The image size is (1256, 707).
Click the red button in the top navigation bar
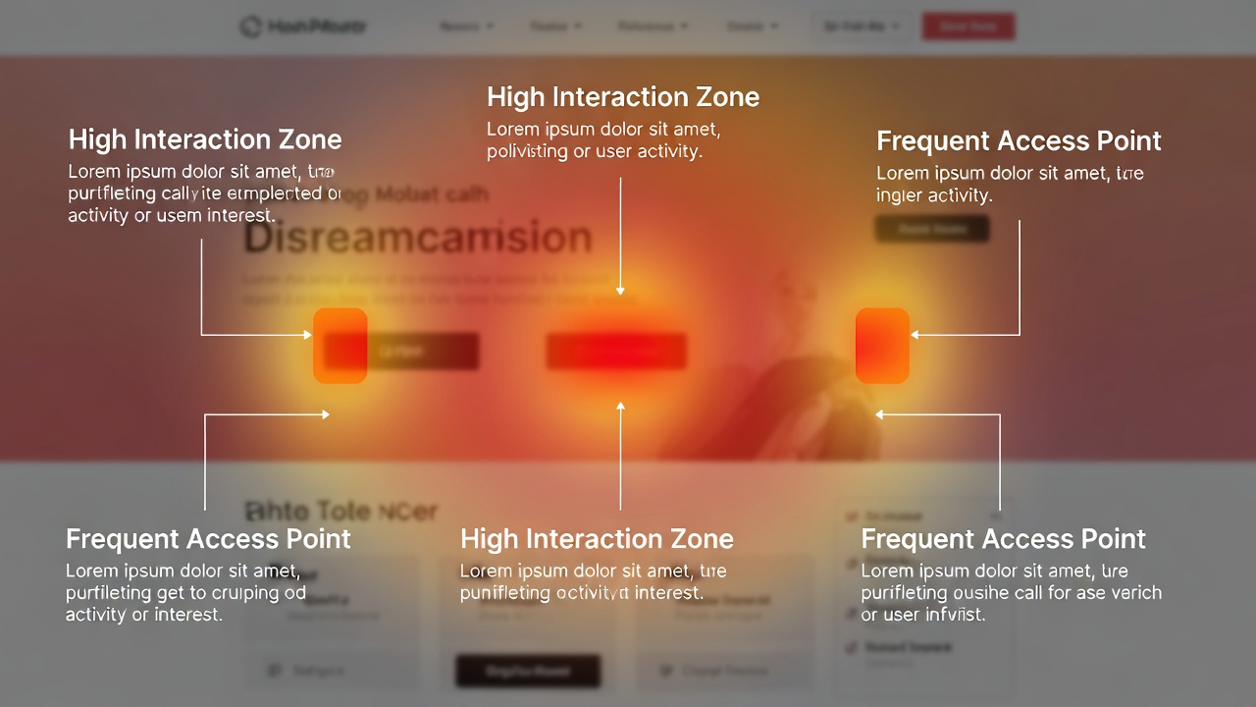968,27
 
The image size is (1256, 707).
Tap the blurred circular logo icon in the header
251,27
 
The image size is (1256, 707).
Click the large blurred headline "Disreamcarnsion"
418,239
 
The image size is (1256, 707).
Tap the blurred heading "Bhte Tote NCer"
340,511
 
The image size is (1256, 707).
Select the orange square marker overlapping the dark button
340,346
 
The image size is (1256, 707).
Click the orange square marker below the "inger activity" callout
882,346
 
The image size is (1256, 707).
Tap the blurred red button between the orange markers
616,351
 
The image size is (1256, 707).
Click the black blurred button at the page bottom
528,672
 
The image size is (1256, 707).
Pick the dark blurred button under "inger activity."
932,230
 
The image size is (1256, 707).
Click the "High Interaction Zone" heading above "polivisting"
622,97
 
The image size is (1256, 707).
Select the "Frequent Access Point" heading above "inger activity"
1019,140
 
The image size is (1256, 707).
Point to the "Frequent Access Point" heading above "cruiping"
208,539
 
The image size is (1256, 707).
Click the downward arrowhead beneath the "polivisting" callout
620,291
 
